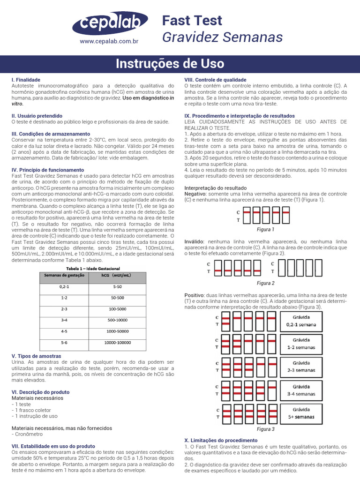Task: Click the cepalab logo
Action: [110, 23]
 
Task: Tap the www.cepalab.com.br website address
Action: [109, 41]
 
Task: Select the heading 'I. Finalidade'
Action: [26, 80]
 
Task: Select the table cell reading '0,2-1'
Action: [64, 286]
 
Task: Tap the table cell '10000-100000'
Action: [118, 343]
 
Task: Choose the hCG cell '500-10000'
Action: [117, 320]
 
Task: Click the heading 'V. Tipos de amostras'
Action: [36, 356]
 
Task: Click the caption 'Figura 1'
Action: [266, 230]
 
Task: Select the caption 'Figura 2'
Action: [266, 283]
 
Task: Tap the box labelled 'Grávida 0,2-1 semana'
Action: [301, 321]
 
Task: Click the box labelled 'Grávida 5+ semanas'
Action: [301, 412]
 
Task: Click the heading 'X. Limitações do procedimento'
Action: [221, 441]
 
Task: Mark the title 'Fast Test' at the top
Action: [192, 21]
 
